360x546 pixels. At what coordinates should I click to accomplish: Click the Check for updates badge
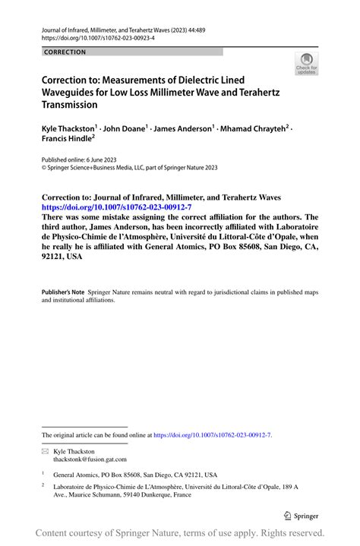[x=307, y=64]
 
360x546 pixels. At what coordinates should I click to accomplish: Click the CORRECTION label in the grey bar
[x=65, y=52]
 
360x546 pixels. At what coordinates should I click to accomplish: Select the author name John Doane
[x=123, y=129]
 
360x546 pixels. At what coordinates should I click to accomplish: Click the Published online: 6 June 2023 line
[x=78, y=160]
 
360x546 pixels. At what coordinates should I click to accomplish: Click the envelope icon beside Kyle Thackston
[x=45, y=451]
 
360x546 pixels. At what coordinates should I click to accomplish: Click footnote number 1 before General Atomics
[x=44, y=472]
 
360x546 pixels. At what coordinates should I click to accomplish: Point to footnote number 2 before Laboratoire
[x=44, y=484]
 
